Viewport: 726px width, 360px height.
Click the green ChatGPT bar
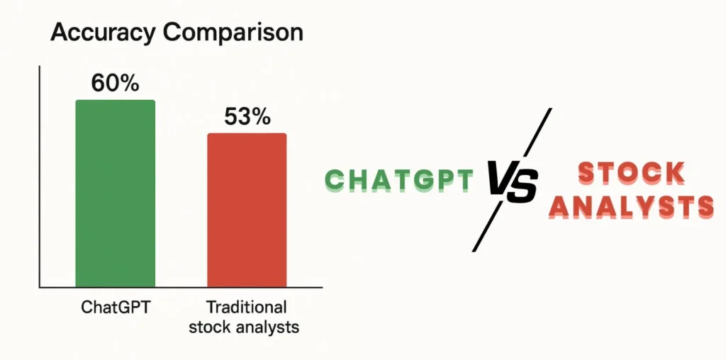(116, 193)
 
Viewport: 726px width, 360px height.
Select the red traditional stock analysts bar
(247, 210)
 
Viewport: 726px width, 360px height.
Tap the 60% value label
(115, 83)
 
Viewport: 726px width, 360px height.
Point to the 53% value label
(247, 117)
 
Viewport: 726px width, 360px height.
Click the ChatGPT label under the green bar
(116, 308)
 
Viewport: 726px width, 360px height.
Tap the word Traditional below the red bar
(246, 308)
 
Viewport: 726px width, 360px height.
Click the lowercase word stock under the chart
(211, 327)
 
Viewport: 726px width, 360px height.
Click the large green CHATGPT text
(400, 181)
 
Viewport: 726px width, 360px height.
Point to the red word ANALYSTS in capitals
(630, 207)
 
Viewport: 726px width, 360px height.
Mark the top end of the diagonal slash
(551, 108)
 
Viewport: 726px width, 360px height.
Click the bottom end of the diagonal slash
(473, 252)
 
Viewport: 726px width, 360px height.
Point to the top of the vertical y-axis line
(40, 66)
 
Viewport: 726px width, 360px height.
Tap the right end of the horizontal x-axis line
(323, 287)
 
